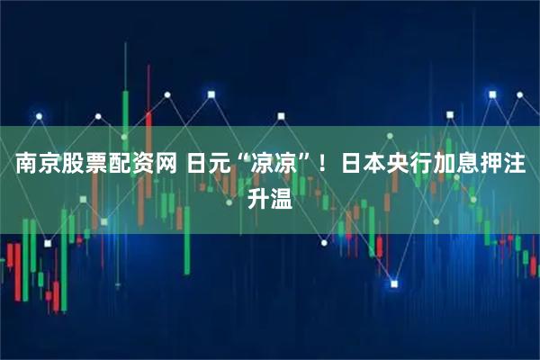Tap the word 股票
(x=85, y=166)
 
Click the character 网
(x=169, y=166)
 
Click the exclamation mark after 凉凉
(x=320, y=166)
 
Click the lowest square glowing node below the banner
(x=393, y=284)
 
